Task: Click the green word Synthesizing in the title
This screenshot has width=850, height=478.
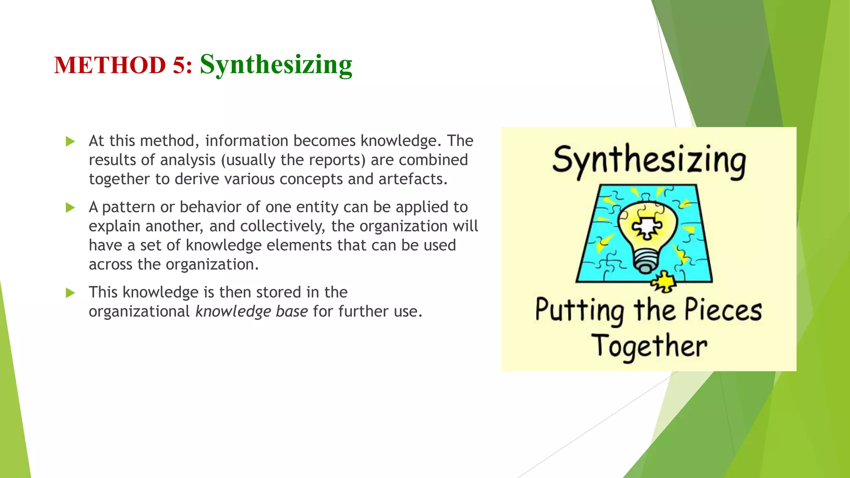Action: pyautogui.click(x=276, y=65)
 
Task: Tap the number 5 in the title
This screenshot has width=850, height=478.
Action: pyautogui.click(x=179, y=66)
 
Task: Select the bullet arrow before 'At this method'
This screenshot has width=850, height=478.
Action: pyautogui.click(x=70, y=142)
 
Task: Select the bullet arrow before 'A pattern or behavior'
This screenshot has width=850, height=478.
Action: pyautogui.click(x=70, y=207)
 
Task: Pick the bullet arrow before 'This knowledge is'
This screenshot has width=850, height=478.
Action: pyautogui.click(x=70, y=293)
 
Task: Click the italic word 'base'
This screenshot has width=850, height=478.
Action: pyautogui.click(x=292, y=312)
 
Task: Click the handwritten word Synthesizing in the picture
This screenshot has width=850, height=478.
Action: pyautogui.click(x=649, y=161)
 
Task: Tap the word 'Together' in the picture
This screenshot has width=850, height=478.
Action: pyautogui.click(x=649, y=347)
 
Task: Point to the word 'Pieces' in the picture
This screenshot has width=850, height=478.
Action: pyautogui.click(x=723, y=310)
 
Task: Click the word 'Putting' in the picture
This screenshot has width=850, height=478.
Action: pyautogui.click(x=579, y=311)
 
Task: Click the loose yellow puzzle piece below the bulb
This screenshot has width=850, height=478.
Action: pyautogui.click(x=664, y=282)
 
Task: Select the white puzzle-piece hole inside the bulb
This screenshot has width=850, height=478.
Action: pyautogui.click(x=646, y=227)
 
